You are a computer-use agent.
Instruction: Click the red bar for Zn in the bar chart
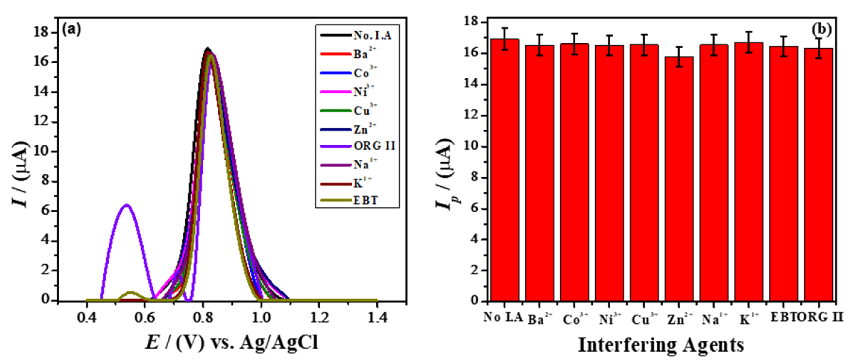pyautogui.click(x=679, y=179)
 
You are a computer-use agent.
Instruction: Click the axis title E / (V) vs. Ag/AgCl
pyautogui.click(x=232, y=342)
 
